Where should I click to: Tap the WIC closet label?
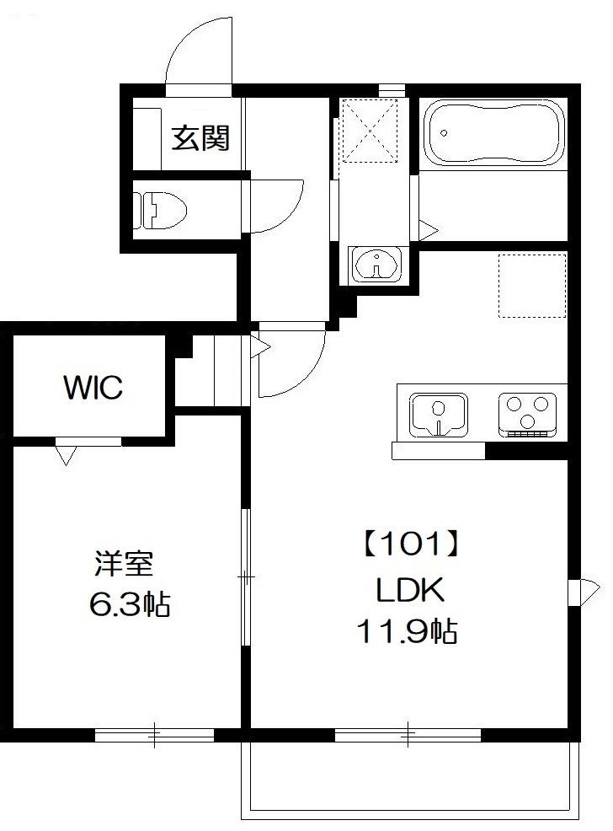(93, 388)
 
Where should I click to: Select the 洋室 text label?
(122, 562)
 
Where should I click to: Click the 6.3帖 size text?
(128, 603)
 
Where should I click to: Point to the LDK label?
(409, 591)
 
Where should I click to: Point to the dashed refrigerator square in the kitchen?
(531, 285)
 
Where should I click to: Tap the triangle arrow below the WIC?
(66, 455)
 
